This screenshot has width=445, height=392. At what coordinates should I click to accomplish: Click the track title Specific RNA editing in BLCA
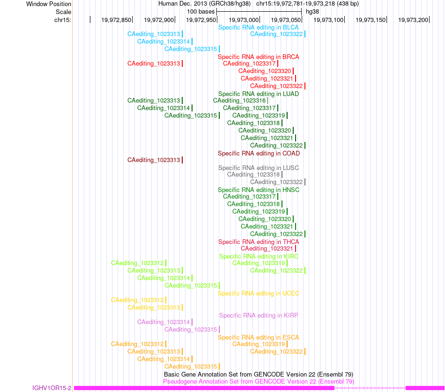pos(258,28)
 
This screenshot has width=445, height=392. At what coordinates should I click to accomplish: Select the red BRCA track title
pos(258,57)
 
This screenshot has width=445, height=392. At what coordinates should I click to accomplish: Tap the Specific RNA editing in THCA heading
pos(259,242)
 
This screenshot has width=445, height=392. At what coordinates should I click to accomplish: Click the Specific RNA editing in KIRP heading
pos(259,316)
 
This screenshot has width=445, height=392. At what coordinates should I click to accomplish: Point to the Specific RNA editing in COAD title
pos(259,154)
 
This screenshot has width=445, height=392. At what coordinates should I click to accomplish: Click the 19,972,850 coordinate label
pos(116,20)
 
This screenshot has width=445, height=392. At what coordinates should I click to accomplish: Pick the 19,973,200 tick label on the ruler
pos(413,20)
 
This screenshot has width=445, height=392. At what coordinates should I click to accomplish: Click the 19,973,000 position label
pos(244,20)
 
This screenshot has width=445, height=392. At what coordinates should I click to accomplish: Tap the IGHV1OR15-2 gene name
pos(52,388)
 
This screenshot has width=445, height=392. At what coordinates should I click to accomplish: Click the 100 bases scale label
pos(200,12)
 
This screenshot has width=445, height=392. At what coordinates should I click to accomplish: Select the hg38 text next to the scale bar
pos(312,12)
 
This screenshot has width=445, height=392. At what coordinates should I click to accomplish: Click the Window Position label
pos(49,4)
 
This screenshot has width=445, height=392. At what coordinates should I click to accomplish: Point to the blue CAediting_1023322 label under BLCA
pos(276,34)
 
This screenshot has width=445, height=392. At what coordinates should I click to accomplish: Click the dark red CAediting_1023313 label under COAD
pos(154,160)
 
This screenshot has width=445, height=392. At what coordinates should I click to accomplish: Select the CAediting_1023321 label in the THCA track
pos(267,249)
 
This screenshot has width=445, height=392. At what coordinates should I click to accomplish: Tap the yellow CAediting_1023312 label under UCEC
pos(137,300)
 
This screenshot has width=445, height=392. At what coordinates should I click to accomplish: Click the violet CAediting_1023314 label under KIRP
pos(163,322)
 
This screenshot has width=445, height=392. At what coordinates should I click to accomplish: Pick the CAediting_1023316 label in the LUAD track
pos(239,101)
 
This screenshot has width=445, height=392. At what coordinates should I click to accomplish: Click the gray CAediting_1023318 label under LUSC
pos(253,175)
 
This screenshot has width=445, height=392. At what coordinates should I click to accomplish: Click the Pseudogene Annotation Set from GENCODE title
pos(258,382)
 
